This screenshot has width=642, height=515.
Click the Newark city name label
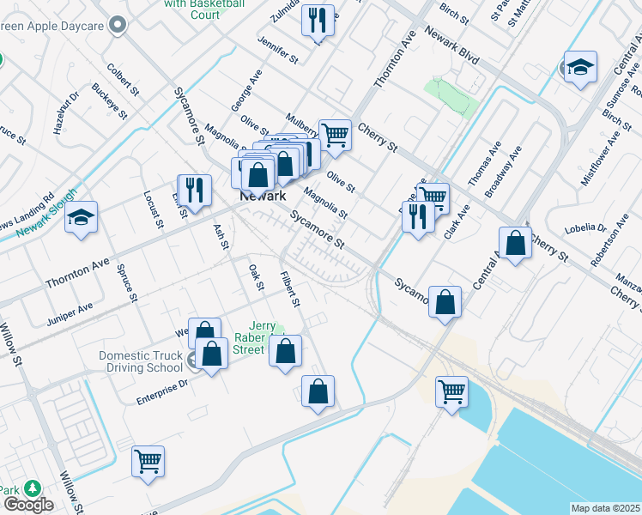(262, 197)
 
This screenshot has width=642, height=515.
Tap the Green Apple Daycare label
(57, 27)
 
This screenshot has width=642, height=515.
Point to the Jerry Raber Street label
(262, 337)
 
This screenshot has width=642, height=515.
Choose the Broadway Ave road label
(503, 172)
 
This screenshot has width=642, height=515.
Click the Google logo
(27, 505)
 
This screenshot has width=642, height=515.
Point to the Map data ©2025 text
(606, 508)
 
